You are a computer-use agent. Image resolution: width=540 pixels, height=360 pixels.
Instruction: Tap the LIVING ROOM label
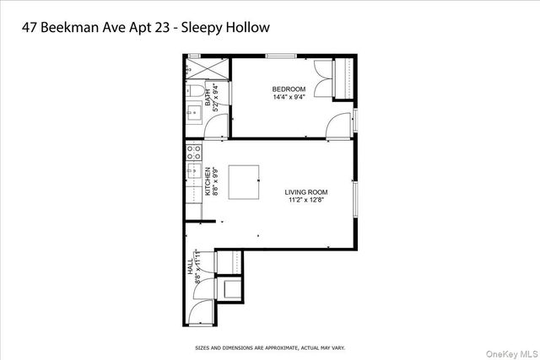pos(305,192)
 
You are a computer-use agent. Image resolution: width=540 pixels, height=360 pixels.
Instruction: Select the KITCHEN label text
pos(207,182)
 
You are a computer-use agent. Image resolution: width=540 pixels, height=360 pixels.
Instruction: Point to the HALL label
pos(190,267)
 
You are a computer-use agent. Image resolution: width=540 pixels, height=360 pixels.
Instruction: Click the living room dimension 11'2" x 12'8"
pos(305,201)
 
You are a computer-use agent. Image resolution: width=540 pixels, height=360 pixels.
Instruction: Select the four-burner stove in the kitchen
pos(192,153)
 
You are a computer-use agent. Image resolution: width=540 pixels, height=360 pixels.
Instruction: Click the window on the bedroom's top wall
pos(281,56)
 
